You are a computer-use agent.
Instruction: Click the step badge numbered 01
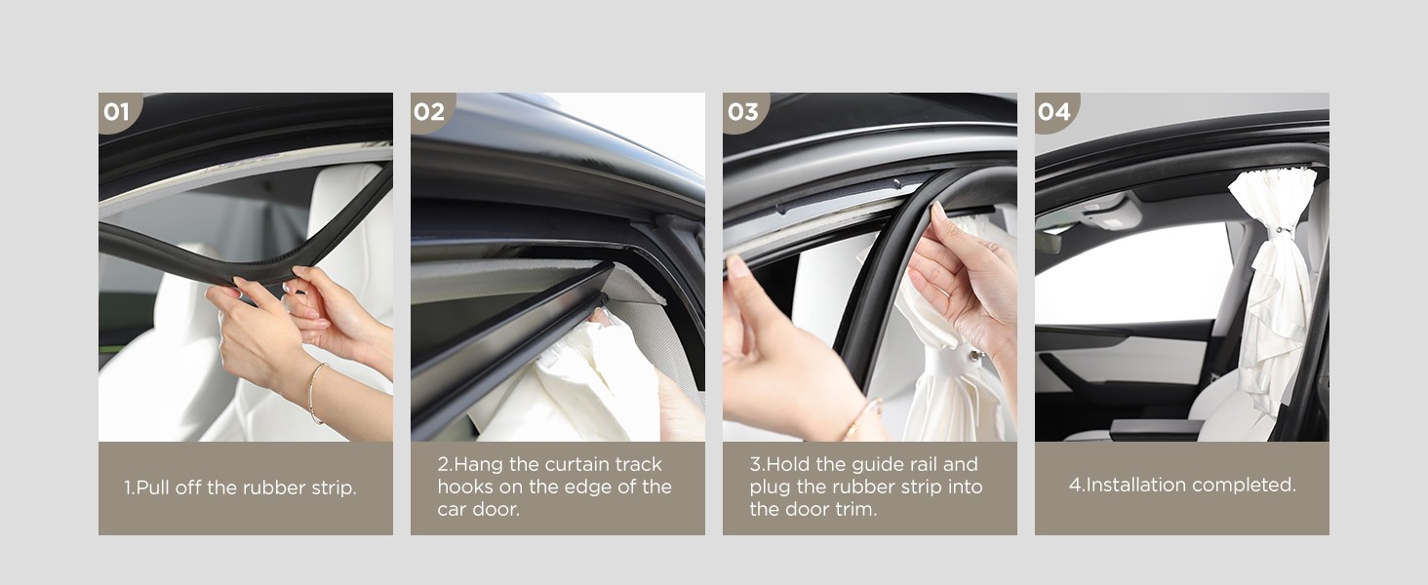118,111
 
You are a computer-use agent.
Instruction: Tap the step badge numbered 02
430,111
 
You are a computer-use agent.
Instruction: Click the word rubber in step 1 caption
275,487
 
